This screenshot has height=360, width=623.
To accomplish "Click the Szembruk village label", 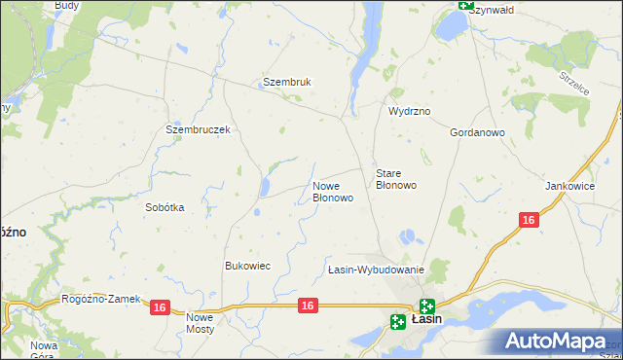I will point(286,83).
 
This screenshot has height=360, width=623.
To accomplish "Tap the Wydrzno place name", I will point(409,112).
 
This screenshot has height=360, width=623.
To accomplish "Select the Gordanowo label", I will point(477,132).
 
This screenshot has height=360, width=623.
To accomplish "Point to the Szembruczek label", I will point(198,129).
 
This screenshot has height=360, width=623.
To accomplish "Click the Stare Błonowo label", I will point(396,179).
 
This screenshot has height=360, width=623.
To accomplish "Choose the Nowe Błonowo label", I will point(332,191).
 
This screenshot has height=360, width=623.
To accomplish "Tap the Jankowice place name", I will point(570,186).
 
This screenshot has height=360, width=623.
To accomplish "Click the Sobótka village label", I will point(165,207).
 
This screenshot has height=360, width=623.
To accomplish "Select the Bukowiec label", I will point(247,266).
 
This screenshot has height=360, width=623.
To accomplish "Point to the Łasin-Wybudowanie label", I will point(375,270).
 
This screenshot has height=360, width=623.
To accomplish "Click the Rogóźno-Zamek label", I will point(100,300).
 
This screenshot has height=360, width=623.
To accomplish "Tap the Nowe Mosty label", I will point(200,323).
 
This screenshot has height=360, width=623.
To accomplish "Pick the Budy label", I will point(67,5).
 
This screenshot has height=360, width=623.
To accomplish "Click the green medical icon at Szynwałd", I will point(465,5).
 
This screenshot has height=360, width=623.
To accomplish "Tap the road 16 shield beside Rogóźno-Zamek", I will point(161,307).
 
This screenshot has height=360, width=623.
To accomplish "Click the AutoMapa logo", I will point(558,341).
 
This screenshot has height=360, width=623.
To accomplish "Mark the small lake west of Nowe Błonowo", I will point(265,187).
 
